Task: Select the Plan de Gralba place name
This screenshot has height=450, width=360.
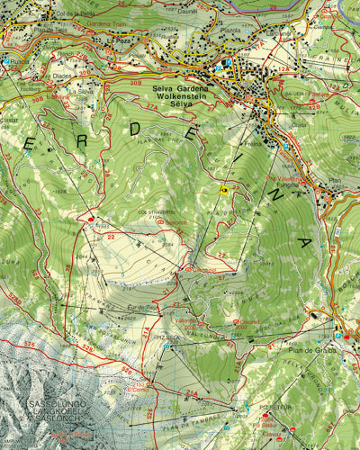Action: click(312, 349)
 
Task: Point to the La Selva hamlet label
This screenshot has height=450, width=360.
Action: click(80, 91)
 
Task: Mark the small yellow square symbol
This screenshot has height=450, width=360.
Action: click(223, 190)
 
